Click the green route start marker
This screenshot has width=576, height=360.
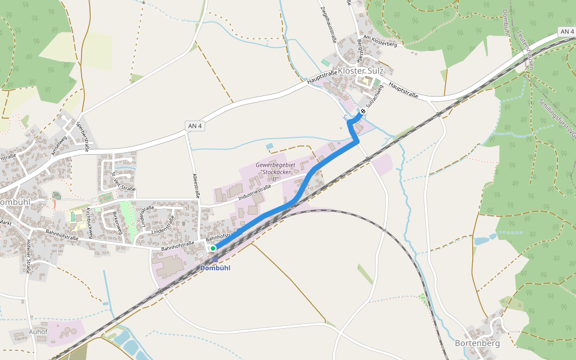click(213, 248)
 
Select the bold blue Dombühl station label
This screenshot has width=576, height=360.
click(215, 268)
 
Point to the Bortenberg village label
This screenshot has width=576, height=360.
click(477, 343)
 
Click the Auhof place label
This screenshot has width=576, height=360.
click(37, 331)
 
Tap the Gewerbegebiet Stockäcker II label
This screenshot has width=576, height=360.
click(277, 172)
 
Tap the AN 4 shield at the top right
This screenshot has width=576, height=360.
click(565, 31)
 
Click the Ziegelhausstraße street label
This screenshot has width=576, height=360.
click(328, 24)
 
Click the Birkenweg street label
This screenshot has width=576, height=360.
click(118, 222)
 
